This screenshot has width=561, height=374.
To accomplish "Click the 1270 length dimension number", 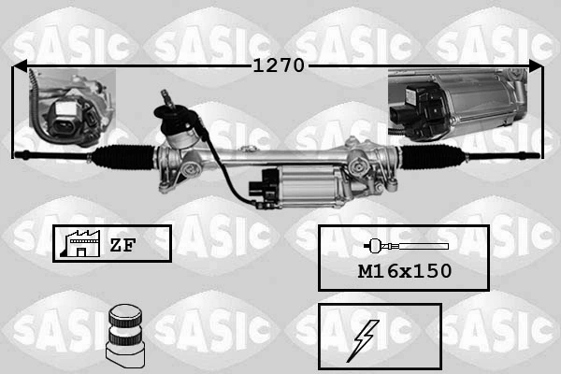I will click(280, 66).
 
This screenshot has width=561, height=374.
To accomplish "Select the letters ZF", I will click(122, 245).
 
